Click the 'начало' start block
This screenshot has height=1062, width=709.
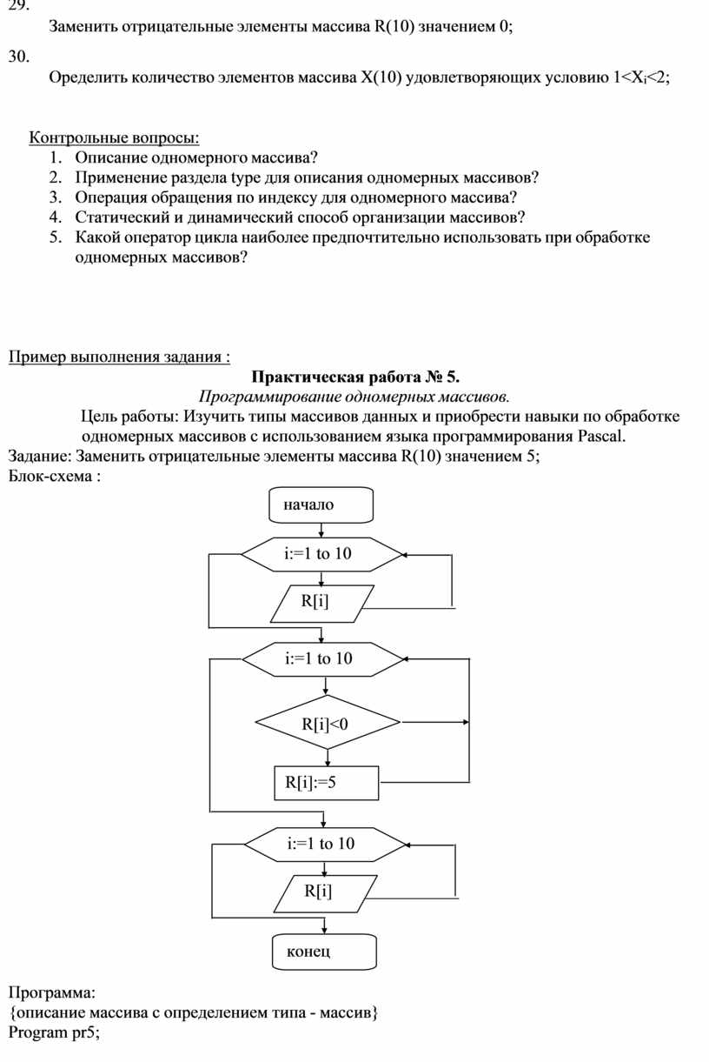click(x=322, y=504)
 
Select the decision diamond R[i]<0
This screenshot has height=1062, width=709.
click(x=326, y=722)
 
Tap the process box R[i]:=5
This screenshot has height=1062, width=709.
click(x=326, y=783)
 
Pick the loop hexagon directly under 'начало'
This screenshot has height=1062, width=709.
click(x=322, y=553)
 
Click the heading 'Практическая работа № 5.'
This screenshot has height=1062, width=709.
click(x=355, y=377)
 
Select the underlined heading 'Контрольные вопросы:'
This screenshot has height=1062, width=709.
click(x=115, y=137)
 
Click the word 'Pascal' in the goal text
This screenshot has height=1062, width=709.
click(x=600, y=436)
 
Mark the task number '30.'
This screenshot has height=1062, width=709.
click(x=18, y=57)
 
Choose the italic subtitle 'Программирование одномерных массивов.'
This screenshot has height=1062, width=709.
click(x=354, y=397)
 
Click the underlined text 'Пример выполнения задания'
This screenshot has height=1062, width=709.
click(x=114, y=357)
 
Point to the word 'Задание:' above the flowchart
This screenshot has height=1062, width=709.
click(x=39, y=456)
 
